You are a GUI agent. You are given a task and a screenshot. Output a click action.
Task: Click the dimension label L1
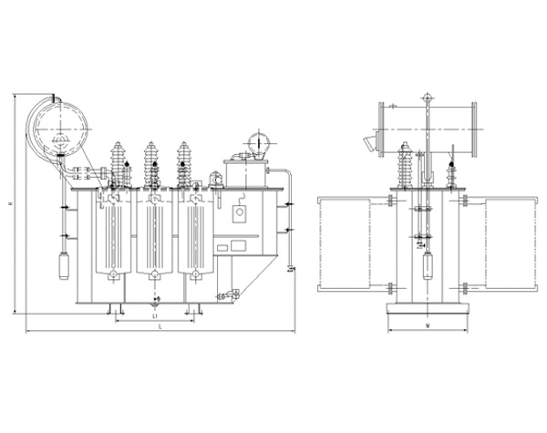pos(155,314)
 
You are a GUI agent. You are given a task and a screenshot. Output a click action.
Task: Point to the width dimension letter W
pos(427,325)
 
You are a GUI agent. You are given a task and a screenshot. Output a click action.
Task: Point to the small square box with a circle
pos(242,214)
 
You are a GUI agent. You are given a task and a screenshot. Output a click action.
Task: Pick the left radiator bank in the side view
pos(343,242)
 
